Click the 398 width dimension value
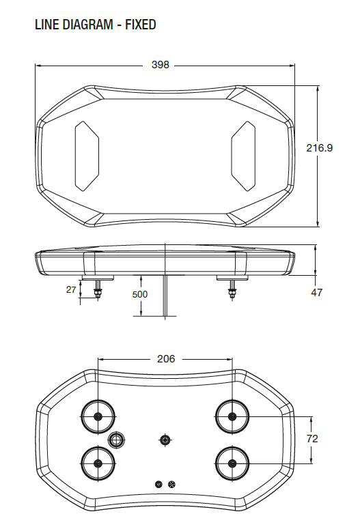pos(160,65)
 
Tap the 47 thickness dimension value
pos(316,293)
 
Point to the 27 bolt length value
pos(71,290)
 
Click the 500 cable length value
pos(140,294)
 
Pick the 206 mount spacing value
pos(166,358)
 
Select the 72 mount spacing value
pos(312,439)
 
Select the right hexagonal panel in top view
pos(243,156)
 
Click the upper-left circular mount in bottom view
pos(98,416)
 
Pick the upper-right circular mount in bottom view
pos(233,416)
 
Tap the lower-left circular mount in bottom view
pos(98,464)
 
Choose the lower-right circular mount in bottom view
pos(233,464)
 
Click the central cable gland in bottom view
pos(165,440)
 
